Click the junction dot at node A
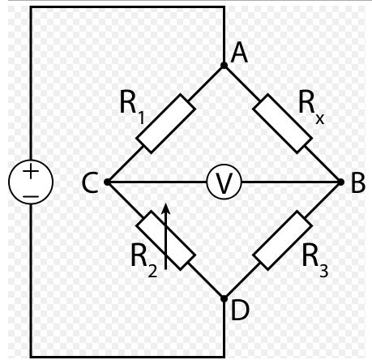[224, 66]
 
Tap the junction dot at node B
[341, 182]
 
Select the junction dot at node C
[107, 182]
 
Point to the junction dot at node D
[224, 299]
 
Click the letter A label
[239, 54]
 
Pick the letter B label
[358, 183]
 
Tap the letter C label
[90, 183]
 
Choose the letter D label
[240, 311]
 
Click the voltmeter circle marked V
[224, 182]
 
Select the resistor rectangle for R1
[165, 123]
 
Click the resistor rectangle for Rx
[282, 123]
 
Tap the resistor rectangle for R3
[282, 240]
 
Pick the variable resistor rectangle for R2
[165, 240]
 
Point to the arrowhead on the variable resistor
[166, 208]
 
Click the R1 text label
[132, 107]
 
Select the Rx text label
[311, 107]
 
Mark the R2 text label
[144, 260]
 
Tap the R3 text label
[315, 260]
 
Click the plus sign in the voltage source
[31, 171]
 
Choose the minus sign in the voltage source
[31, 196]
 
